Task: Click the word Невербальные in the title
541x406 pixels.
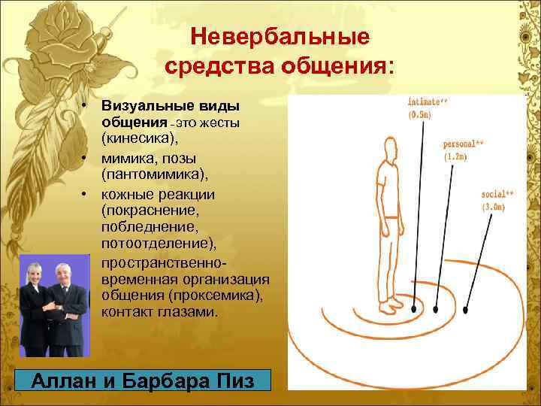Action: click(x=279, y=36)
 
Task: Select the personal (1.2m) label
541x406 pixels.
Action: click(x=463, y=150)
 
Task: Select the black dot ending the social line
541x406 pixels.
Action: click(x=467, y=309)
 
